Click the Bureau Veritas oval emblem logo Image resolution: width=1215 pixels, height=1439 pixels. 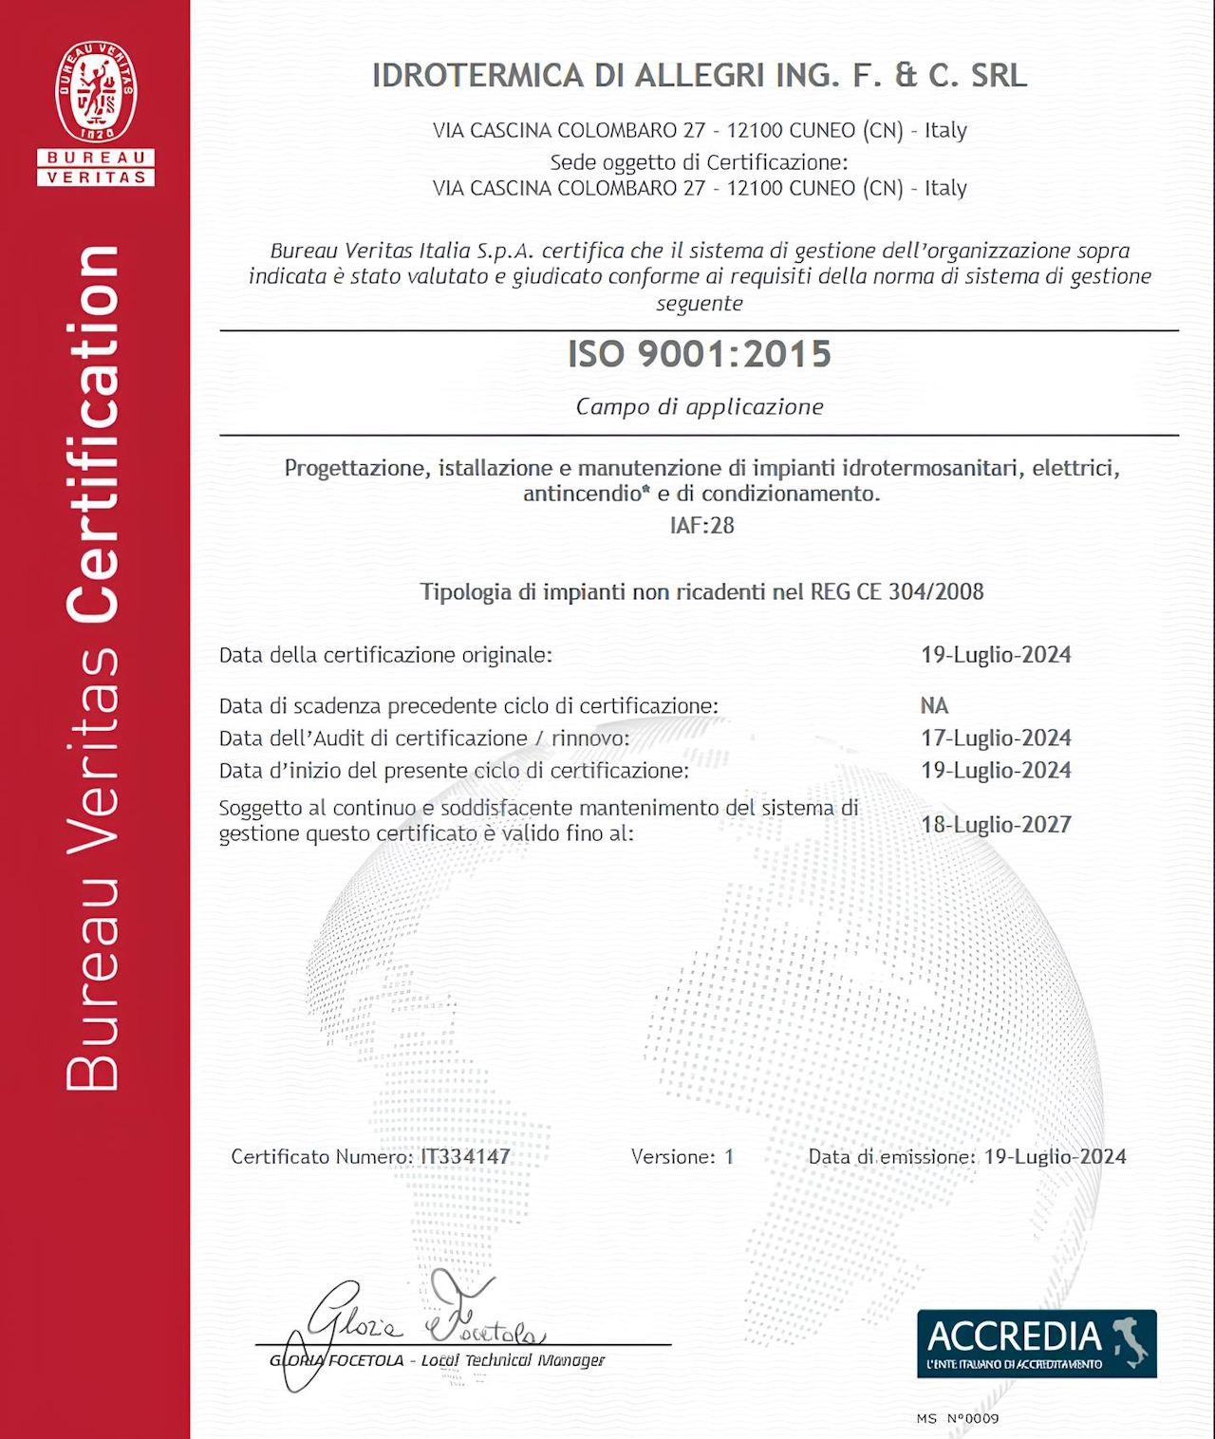tap(95, 92)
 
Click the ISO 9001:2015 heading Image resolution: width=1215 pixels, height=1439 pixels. tap(700, 354)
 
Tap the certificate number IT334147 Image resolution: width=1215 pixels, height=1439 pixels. tap(465, 1156)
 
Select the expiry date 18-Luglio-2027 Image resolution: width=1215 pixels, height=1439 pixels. tap(996, 824)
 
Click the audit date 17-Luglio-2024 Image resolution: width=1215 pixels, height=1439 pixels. tap(996, 738)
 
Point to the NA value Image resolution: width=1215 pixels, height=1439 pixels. tap(934, 705)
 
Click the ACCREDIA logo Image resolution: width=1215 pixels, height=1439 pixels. tap(1037, 1343)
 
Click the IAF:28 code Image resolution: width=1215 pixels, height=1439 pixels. tap(701, 525)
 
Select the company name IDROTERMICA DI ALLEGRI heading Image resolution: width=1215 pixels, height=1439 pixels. tap(700, 76)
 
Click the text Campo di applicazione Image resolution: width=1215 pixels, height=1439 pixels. tap(700, 406)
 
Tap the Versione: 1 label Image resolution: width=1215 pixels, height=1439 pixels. tap(682, 1156)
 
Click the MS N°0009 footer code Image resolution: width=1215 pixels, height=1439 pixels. tap(958, 1418)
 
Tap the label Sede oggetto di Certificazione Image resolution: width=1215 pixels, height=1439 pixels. tap(699, 161)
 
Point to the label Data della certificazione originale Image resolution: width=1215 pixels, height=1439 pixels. tap(385, 654)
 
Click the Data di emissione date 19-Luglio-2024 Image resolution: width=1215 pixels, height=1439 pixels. tap(1055, 1156)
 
